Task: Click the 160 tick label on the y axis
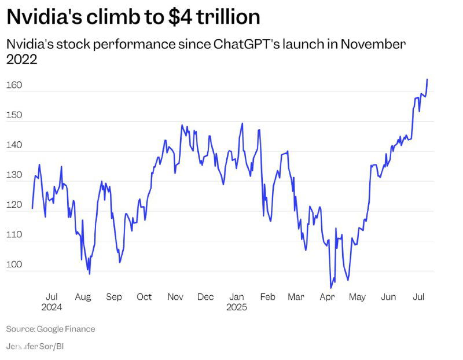coord(14,86)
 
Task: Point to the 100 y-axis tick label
coord(14,265)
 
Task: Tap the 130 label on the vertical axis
coord(14,175)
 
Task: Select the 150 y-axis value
coord(14,115)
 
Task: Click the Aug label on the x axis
coord(83,297)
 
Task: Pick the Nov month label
coord(175,297)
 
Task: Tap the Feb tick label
coord(267,297)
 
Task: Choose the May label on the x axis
coord(357,297)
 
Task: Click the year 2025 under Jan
coord(236,307)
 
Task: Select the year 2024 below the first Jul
coord(52,307)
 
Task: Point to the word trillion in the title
coord(228,17)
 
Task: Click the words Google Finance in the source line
coord(66,329)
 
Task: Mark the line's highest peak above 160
coord(427,79)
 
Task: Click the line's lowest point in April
coord(331,287)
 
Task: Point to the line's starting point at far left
coord(32,208)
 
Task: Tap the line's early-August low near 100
coord(89,273)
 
